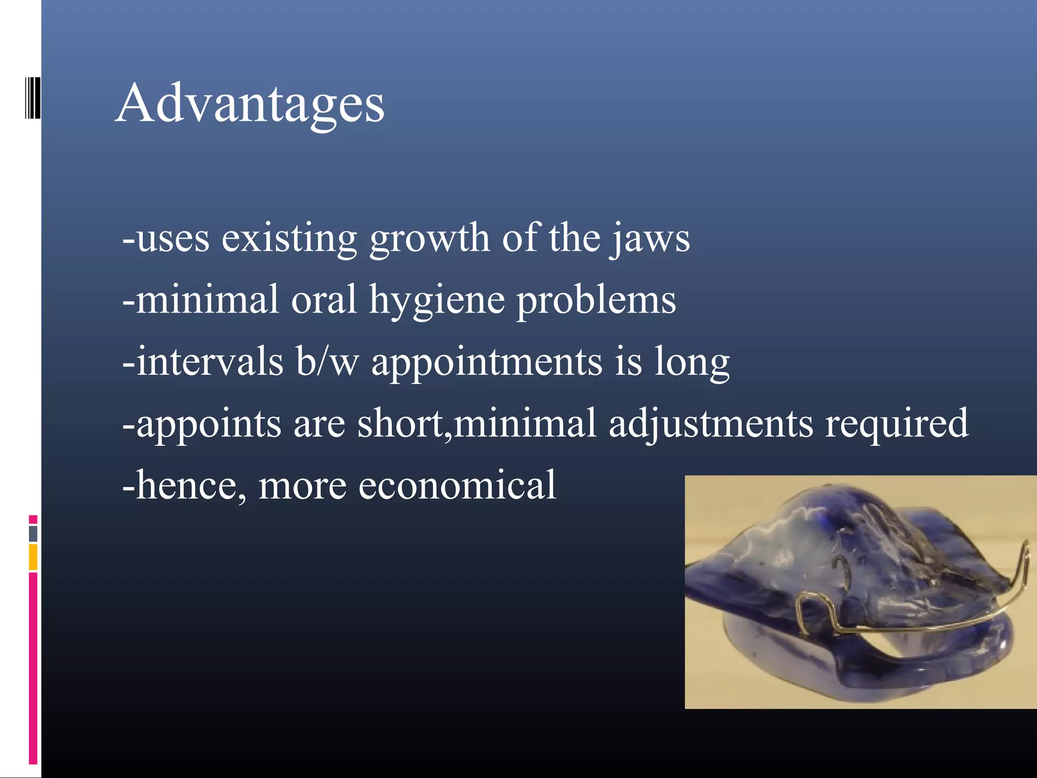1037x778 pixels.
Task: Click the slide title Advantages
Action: point(250,104)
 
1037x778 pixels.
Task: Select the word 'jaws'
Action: point(650,239)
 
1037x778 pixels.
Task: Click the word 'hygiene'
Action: point(436,301)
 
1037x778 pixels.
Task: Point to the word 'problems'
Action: point(596,301)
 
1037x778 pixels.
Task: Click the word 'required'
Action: point(897,424)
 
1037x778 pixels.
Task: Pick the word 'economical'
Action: point(457,485)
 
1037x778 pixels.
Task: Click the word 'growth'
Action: point(429,239)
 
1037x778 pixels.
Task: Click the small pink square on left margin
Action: point(33,519)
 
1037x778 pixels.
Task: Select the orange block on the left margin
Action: point(33,557)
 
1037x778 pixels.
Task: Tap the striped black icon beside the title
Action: point(32,98)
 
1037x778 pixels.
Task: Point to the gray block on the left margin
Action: point(33,533)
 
